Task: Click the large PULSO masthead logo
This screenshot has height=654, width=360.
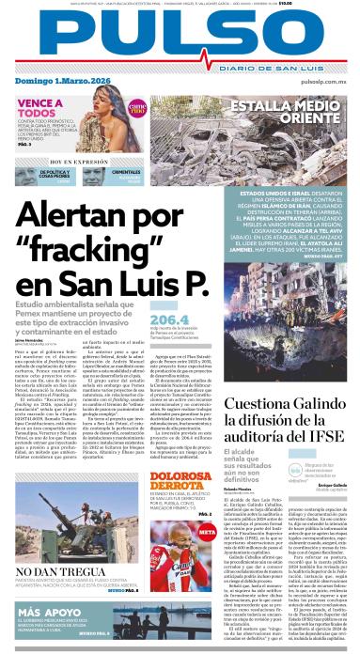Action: point(179,39)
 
